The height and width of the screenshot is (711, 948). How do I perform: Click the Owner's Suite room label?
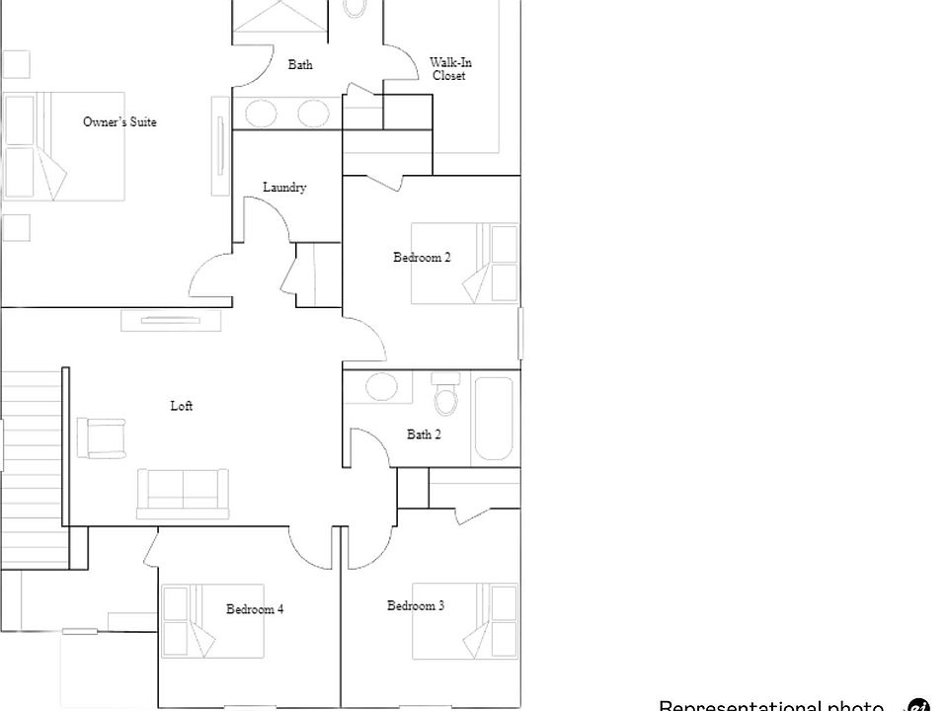tap(119, 122)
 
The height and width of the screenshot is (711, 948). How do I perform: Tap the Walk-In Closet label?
tap(449, 69)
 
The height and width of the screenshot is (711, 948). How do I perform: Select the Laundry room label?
tap(284, 188)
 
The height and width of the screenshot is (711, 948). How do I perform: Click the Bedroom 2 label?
tap(422, 258)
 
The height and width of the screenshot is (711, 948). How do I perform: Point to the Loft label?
tap(182, 406)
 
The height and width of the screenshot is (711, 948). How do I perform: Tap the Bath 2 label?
tap(424, 434)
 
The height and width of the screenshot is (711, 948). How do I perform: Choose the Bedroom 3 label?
tap(415, 605)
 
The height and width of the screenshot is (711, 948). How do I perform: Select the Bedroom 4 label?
tap(255, 609)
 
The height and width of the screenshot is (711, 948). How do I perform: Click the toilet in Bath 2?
tap(447, 395)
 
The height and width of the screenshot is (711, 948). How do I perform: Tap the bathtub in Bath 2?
tap(494, 419)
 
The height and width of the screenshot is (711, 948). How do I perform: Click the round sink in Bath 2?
tap(382, 386)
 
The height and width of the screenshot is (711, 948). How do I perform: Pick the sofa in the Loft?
tap(183, 491)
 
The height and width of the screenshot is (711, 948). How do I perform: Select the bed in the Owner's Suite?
tap(63, 146)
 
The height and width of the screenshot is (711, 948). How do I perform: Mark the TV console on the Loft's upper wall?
tap(171, 319)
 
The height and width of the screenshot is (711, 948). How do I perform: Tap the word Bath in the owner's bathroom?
tap(300, 65)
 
